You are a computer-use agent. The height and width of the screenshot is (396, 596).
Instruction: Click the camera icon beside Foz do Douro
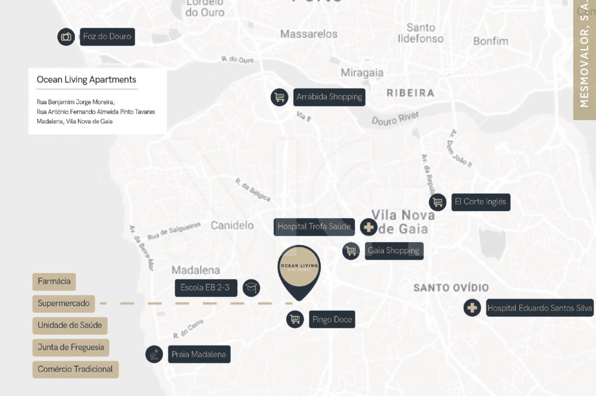click(66, 37)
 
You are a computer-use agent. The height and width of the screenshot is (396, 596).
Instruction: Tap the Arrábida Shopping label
click(329, 97)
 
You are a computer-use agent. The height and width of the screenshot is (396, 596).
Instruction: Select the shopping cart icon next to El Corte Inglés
click(438, 202)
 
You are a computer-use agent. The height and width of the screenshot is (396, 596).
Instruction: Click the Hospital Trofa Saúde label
click(314, 227)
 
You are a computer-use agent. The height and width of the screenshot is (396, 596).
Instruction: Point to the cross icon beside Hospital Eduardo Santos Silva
click(472, 308)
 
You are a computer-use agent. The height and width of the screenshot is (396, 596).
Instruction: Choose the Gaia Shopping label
click(394, 251)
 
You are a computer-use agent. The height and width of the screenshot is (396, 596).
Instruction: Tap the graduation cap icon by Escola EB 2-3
click(251, 288)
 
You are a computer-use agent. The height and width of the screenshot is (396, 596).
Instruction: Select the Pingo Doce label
click(332, 320)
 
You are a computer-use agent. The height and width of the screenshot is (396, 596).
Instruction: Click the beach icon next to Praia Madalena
click(154, 354)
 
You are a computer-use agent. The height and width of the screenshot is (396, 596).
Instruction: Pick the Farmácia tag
click(54, 282)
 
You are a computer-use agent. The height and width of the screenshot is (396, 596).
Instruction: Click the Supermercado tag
click(63, 304)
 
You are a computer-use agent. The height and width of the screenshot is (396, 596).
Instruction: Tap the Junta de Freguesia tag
click(71, 348)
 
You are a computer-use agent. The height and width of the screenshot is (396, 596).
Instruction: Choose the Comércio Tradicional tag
click(75, 369)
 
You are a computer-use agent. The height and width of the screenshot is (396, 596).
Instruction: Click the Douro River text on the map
click(395, 118)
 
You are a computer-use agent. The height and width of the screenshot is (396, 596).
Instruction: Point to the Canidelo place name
click(232, 225)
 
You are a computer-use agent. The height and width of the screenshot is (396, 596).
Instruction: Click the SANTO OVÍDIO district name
click(451, 287)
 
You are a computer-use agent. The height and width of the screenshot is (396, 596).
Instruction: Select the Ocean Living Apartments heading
click(86, 80)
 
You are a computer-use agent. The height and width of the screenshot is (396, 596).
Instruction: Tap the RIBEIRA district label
click(410, 93)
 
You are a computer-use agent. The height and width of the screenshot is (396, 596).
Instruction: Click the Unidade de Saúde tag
click(70, 326)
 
